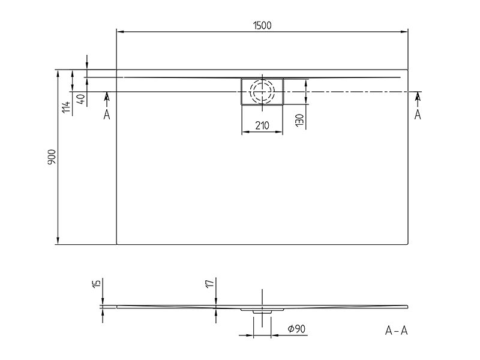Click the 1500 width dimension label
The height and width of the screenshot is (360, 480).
(x=262, y=25)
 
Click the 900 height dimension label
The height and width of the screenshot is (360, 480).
(x=52, y=157)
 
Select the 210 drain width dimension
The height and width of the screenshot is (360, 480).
(x=262, y=125)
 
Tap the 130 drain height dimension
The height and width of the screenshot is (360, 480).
(x=300, y=119)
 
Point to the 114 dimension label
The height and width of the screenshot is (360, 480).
(x=67, y=107)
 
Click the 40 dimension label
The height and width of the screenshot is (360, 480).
(x=81, y=99)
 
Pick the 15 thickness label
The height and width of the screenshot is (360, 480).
(x=97, y=283)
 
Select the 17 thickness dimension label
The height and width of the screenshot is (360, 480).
(x=209, y=283)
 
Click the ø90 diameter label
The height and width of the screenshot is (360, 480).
(x=296, y=329)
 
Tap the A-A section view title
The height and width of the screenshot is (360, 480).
(x=396, y=331)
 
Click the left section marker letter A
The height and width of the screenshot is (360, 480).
(x=107, y=115)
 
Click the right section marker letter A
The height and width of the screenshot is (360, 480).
(x=418, y=115)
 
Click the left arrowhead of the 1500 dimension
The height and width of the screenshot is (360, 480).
(x=120, y=32)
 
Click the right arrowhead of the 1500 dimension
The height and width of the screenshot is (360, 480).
(x=404, y=32)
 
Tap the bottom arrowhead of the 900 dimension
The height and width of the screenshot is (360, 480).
(x=58, y=241)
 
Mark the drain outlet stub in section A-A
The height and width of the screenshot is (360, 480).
(x=262, y=311)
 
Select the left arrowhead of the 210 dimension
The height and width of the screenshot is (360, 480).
(x=245, y=132)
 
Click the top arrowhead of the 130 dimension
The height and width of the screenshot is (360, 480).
(x=306, y=82)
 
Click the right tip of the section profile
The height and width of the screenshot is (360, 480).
(x=408, y=307)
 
